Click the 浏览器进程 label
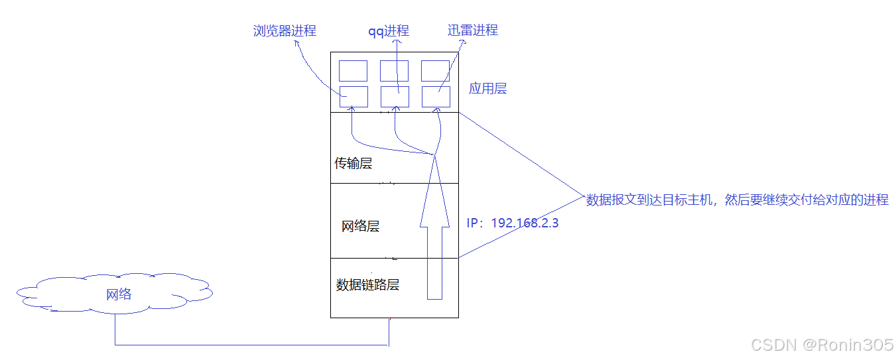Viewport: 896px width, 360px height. (x=285, y=31)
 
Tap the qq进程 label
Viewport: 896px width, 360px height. (x=389, y=31)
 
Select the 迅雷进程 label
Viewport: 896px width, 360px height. (x=472, y=30)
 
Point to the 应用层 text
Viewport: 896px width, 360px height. (x=487, y=89)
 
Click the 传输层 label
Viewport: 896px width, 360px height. (x=353, y=163)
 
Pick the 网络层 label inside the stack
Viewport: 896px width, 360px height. (x=360, y=227)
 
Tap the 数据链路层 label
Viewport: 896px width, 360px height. (x=367, y=285)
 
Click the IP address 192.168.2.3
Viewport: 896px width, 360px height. (x=513, y=223)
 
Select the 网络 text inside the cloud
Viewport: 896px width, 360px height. (x=119, y=294)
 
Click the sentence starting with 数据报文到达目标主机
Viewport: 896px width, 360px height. (x=737, y=200)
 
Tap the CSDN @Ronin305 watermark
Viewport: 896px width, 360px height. (x=822, y=345)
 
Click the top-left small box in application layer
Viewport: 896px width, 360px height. (x=353, y=71)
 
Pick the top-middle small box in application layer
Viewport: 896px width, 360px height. (x=394, y=71)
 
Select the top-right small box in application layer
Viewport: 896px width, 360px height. (x=435, y=71)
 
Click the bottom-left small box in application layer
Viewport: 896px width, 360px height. (x=353, y=96)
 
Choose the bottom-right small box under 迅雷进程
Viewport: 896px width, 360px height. (x=435, y=96)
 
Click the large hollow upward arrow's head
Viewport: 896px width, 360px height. (x=434, y=192)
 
